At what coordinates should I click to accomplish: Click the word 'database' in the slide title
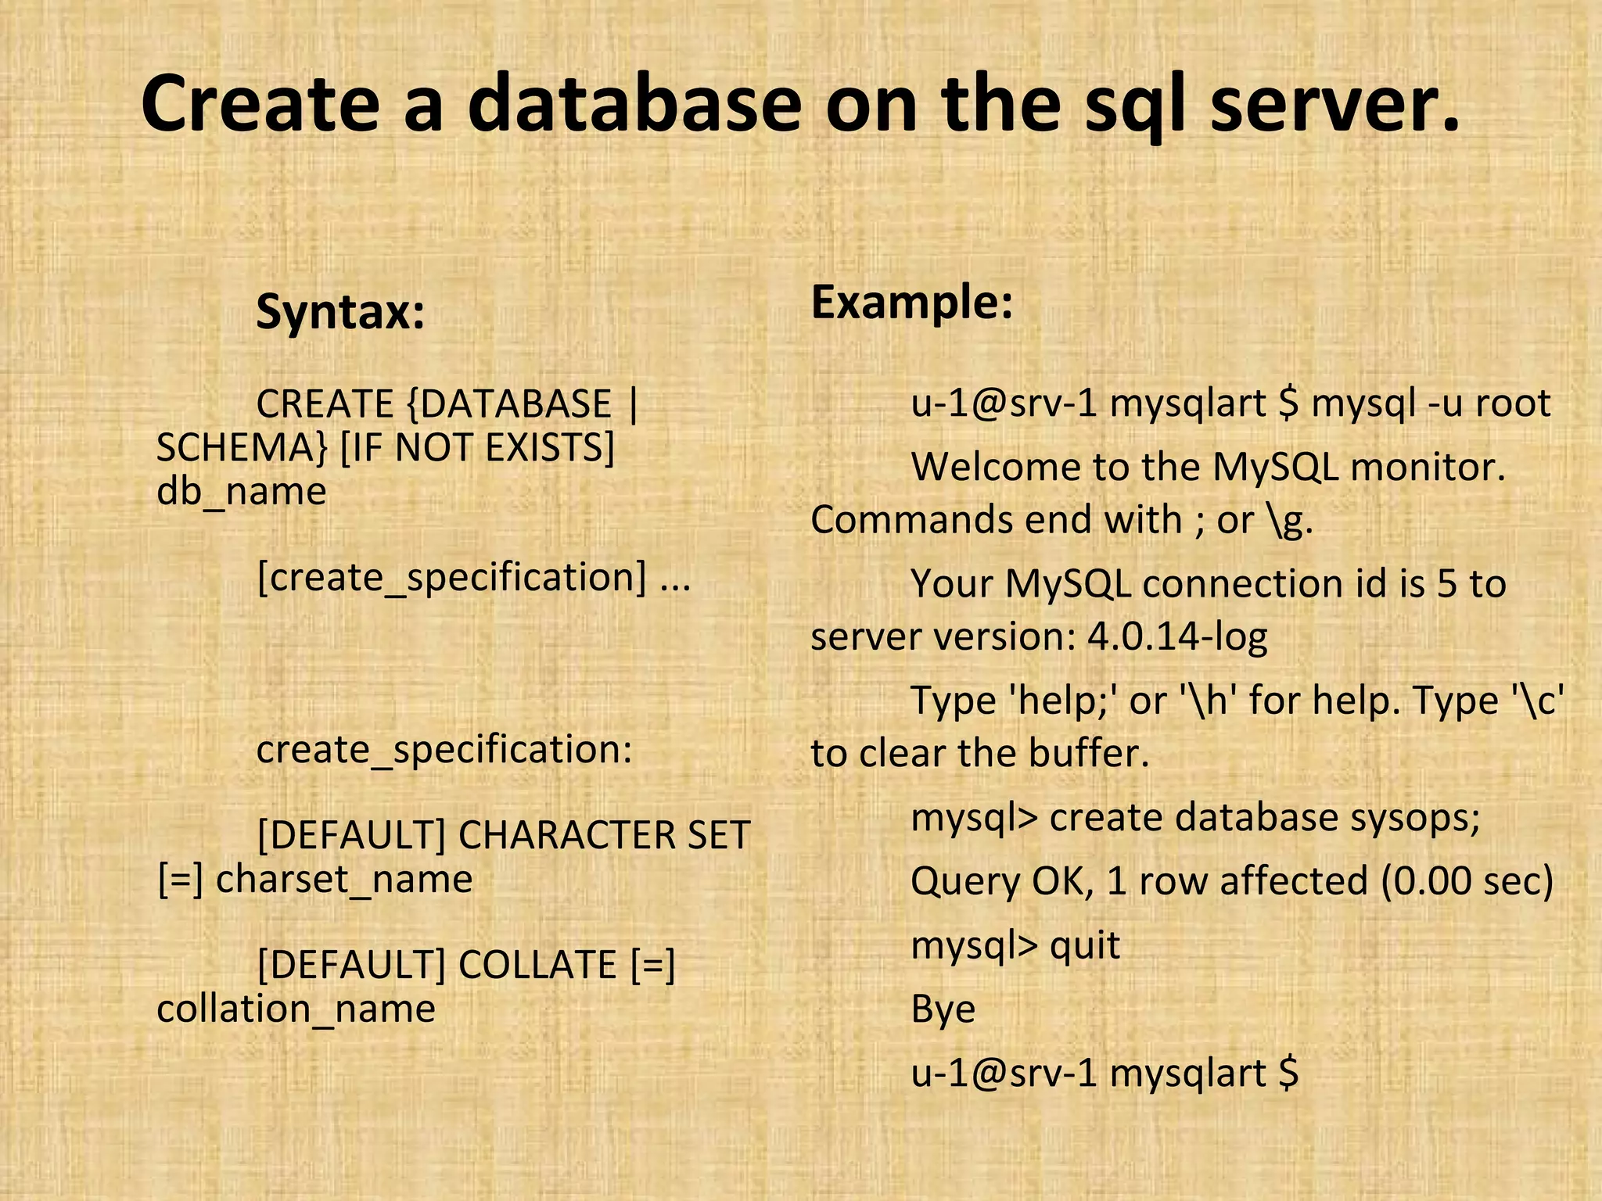[x=634, y=104]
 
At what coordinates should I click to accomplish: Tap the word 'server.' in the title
[x=1334, y=104]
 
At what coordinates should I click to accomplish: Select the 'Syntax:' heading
[x=340, y=312]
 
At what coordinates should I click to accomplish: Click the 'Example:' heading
[x=912, y=302]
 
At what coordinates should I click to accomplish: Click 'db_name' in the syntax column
[x=241, y=492]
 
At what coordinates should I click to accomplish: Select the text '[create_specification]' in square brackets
[x=452, y=578]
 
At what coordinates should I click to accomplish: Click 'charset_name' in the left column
[x=344, y=879]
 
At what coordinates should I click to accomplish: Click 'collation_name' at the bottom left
[x=296, y=1009]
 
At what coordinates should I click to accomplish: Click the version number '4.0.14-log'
[x=1177, y=637]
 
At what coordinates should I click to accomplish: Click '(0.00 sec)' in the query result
[x=1466, y=881]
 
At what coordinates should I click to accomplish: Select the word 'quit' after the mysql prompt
[x=1085, y=945]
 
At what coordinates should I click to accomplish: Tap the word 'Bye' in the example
[x=943, y=1009]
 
